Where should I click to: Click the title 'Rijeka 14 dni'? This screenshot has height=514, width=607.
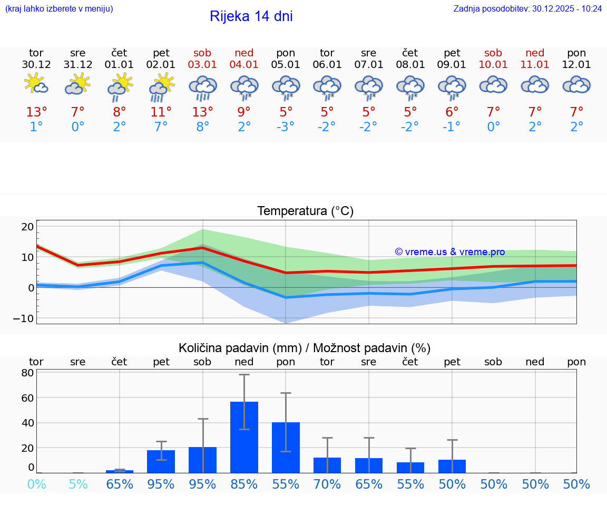(x=251, y=16)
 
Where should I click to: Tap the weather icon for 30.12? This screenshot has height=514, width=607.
(x=36, y=85)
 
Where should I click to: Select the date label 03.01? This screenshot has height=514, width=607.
(x=202, y=65)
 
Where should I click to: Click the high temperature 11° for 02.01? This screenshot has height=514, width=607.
(x=161, y=112)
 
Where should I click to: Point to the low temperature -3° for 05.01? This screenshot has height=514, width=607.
(x=286, y=127)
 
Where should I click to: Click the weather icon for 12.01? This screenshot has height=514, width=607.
(x=576, y=85)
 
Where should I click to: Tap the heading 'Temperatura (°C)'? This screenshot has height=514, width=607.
(x=305, y=211)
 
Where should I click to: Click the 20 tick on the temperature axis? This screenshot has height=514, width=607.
(x=27, y=227)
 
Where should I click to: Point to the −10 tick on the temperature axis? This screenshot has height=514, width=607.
(x=24, y=318)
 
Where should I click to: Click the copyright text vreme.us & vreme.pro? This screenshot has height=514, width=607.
(x=450, y=252)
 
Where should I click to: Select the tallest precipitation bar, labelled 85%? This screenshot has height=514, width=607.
(x=244, y=437)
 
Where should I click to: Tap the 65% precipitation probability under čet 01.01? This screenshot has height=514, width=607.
(x=120, y=484)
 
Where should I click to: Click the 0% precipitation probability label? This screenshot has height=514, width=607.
(x=36, y=484)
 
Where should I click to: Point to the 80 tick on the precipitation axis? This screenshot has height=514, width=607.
(x=27, y=373)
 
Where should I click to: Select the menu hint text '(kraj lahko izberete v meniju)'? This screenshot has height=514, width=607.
(x=59, y=8)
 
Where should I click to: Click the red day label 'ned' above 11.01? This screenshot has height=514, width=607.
(x=535, y=53)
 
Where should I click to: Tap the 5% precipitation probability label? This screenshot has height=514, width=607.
(x=78, y=484)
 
